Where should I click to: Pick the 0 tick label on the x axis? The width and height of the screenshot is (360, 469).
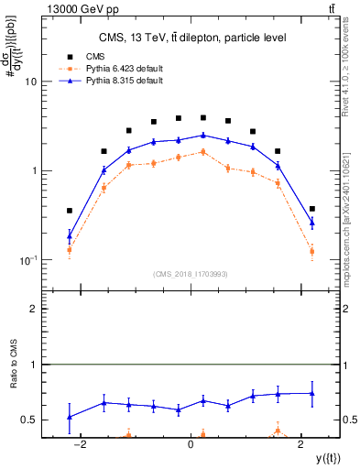[191, 444]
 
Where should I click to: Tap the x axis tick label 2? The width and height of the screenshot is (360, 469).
[302, 444]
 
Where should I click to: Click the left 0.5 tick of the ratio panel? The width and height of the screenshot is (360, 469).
[28, 420]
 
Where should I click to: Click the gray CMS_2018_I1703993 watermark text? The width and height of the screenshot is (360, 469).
[191, 274]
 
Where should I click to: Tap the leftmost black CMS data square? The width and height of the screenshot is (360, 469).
[70, 211]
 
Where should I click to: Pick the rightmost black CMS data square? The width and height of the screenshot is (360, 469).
[312, 209]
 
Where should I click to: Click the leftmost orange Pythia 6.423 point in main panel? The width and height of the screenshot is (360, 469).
[70, 249]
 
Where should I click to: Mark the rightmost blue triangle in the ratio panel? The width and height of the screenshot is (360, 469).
[312, 393]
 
